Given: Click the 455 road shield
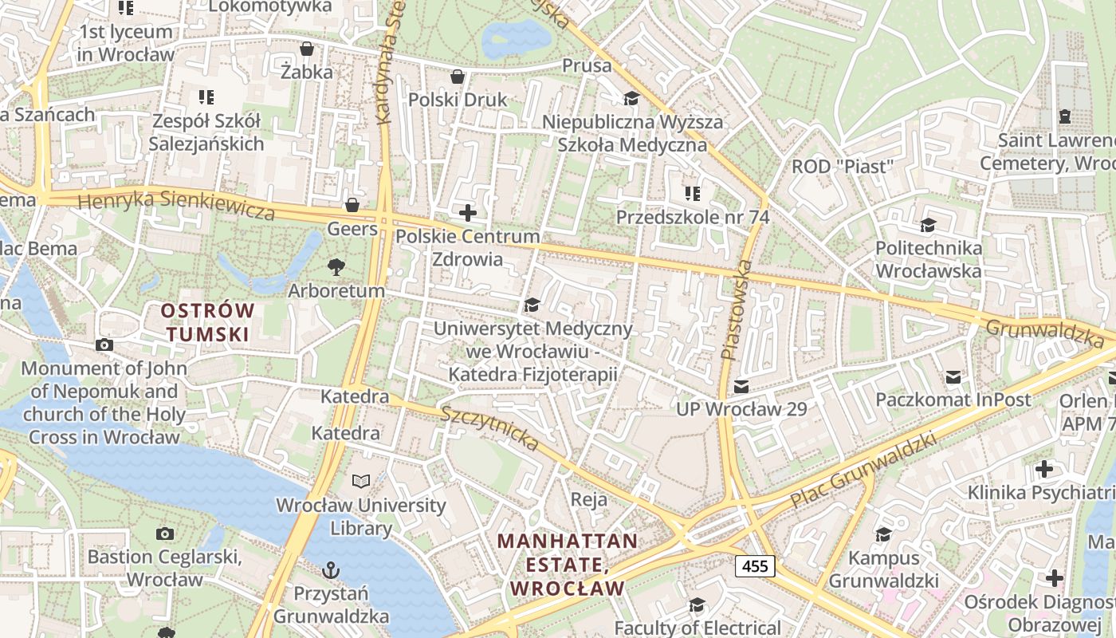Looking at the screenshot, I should point(754,566).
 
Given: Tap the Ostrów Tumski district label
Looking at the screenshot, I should point(207,322).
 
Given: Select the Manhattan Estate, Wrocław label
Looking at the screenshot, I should point(568,565).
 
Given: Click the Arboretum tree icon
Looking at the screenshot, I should point(336,267).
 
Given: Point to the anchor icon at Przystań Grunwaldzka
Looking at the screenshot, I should point(330,570).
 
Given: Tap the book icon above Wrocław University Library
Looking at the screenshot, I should point(361,481).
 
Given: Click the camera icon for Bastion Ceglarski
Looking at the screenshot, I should point(165,534).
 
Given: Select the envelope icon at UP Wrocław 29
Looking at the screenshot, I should point(741,387).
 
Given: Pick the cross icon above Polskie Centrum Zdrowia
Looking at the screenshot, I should point(468,213).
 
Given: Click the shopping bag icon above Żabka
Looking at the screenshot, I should point(306,49).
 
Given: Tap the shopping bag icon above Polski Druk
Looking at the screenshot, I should point(458,77).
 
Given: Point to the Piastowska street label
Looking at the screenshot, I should point(736,309).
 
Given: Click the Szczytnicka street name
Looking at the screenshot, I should point(489,427).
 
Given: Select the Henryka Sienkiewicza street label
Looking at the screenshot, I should point(177,204).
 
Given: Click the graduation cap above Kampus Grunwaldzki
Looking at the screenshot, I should point(883,534).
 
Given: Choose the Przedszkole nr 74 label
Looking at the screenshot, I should point(692,216).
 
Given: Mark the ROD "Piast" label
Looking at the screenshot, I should point(843,167).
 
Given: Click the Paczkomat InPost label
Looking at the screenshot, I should point(953,399).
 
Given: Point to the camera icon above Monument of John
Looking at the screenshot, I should point(104,345).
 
